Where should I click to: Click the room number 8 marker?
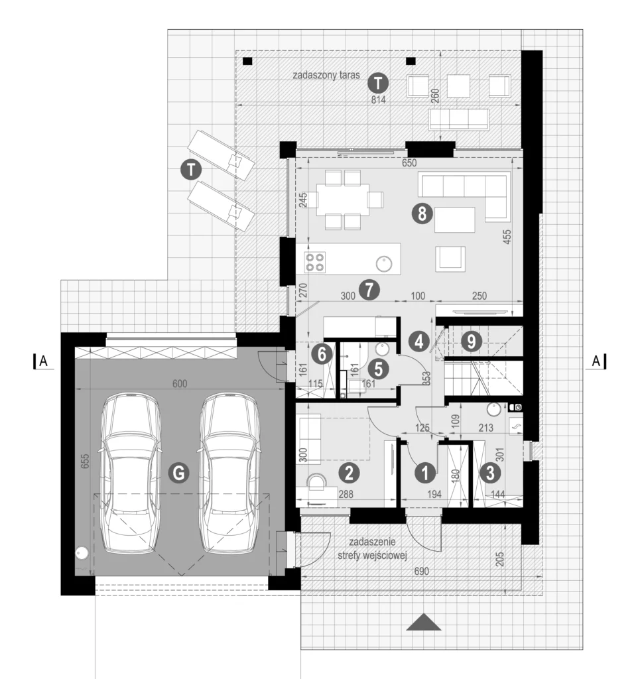[x=422, y=214]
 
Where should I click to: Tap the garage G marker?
[x=179, y=472]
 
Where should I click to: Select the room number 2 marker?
[x=349, y=473]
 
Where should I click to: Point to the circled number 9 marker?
[x=472, y=341]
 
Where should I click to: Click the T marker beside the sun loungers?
[x=190, y=169]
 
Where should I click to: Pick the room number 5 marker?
[x=378, y=369]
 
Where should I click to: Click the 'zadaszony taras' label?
[x=326, y=75]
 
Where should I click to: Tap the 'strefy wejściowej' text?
[x=372, y=556]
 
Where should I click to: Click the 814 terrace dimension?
[x=378, y=99]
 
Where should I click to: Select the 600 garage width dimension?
[x=179, y=384]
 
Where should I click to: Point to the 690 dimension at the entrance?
[x=422, y=571]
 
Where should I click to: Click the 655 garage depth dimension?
[x=85, y=461]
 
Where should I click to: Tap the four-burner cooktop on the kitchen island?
[x=315, y=263]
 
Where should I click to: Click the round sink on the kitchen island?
[x=384, y=264]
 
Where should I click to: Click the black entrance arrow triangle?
[x=424, y=622]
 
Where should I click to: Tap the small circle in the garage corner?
[x=82, y=552]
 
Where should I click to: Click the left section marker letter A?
[x=43, y=361]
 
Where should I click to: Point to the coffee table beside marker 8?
[x=455, y=220]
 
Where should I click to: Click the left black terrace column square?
[x=247, y=61]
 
